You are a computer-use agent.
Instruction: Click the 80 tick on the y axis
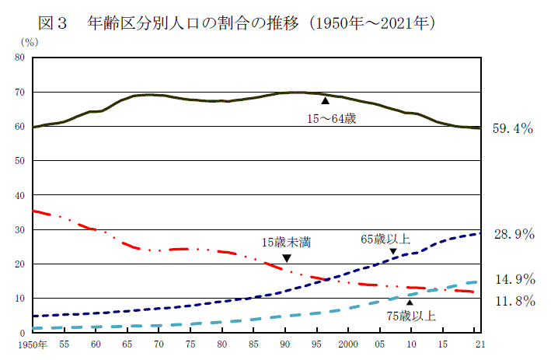[20, 58]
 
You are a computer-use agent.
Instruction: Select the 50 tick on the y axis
[20, 161]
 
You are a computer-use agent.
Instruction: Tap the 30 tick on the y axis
[20, 230]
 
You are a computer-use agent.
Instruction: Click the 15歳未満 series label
[287, 242]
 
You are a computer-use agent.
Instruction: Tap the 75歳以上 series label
[411, 316]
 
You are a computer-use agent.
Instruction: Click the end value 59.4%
[512, 129]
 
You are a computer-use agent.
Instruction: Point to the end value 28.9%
[512, 234]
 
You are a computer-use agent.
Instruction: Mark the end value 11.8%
[512, 301]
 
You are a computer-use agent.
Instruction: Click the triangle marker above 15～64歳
[326, 100]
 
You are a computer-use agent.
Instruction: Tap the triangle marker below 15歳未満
[287, 258]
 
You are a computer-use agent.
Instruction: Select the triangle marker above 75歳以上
[410, 302]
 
